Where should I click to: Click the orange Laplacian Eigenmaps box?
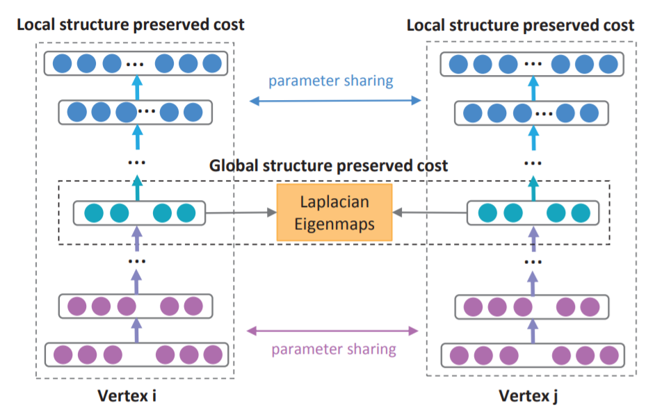pos(334,212)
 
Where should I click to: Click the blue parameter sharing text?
pos(331,81)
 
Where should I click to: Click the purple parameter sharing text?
pos(334,349)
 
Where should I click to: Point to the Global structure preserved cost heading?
pos(329,167)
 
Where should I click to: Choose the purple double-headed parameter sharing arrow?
pos(334,331)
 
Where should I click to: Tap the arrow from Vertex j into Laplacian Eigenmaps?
pos(428,213)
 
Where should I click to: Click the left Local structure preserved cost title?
pos(130,25)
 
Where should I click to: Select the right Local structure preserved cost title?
pos(520,26)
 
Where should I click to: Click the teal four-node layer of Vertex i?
pos(140,213)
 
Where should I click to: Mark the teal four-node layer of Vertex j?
pos(532,213)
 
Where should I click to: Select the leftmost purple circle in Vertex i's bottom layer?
pos(64,354)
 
